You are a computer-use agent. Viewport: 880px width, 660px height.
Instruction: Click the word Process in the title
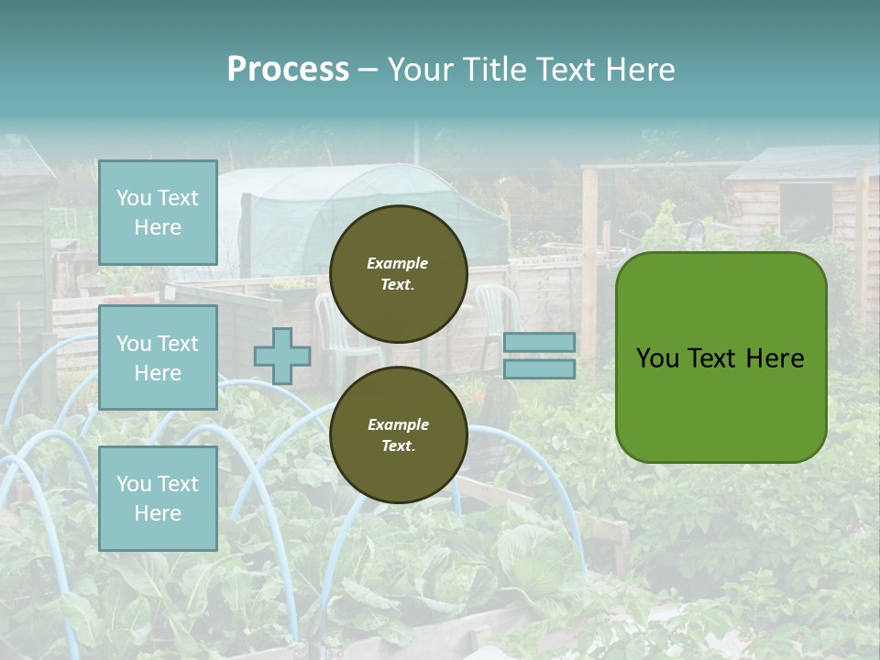288,70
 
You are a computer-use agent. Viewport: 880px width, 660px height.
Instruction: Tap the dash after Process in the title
368,71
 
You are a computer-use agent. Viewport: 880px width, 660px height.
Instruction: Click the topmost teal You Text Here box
158,213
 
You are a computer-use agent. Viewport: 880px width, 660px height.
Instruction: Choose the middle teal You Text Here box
158,357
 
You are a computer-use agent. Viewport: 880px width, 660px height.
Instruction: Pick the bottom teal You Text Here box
158,499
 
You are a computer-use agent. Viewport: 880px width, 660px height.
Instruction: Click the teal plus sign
281,356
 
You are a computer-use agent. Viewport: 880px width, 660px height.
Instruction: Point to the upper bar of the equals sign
539,342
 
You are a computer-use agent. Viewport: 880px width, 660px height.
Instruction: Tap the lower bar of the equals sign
539,369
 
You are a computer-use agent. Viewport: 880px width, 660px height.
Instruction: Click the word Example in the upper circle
398,263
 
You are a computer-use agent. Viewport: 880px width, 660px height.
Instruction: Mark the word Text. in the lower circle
398,446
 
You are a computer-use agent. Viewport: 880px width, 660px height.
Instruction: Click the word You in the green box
657,358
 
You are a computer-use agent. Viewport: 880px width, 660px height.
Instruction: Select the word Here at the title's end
641,70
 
